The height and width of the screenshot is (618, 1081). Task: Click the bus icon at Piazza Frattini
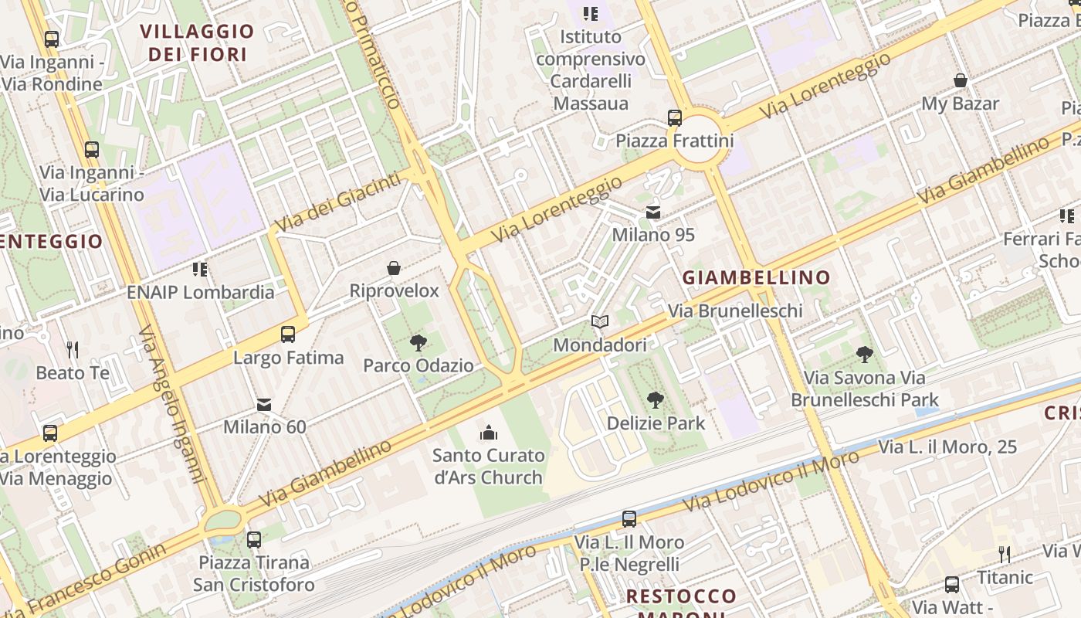click(675, 118)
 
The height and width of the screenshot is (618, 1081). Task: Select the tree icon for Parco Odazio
click(419, 342)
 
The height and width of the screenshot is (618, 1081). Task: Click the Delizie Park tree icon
click(656, 399)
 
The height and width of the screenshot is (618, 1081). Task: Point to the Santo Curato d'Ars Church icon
click(489, 433)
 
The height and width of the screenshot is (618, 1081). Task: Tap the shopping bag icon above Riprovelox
click(394, 268)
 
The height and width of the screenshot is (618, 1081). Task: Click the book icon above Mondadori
click(600, 321)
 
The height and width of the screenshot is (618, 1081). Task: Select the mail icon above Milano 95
click(653, 212)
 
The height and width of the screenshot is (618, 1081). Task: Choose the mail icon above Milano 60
click(264, 404)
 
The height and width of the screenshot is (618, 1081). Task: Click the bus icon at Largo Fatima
click(288, 334)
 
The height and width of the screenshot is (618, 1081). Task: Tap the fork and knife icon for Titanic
click(1005, 554)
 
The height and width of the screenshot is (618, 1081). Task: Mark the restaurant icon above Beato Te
click(73, 350)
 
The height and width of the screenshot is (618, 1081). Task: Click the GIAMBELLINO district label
click(756, 277)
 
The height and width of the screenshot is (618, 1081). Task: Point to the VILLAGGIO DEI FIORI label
click(197, 42)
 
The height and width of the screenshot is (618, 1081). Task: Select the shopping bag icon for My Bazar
click(961, 80)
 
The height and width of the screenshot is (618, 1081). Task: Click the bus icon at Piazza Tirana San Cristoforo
click(254, 539)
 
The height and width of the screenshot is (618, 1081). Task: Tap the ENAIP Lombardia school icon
click(200, 269)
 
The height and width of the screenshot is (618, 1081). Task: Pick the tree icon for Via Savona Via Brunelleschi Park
click(865, 355)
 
